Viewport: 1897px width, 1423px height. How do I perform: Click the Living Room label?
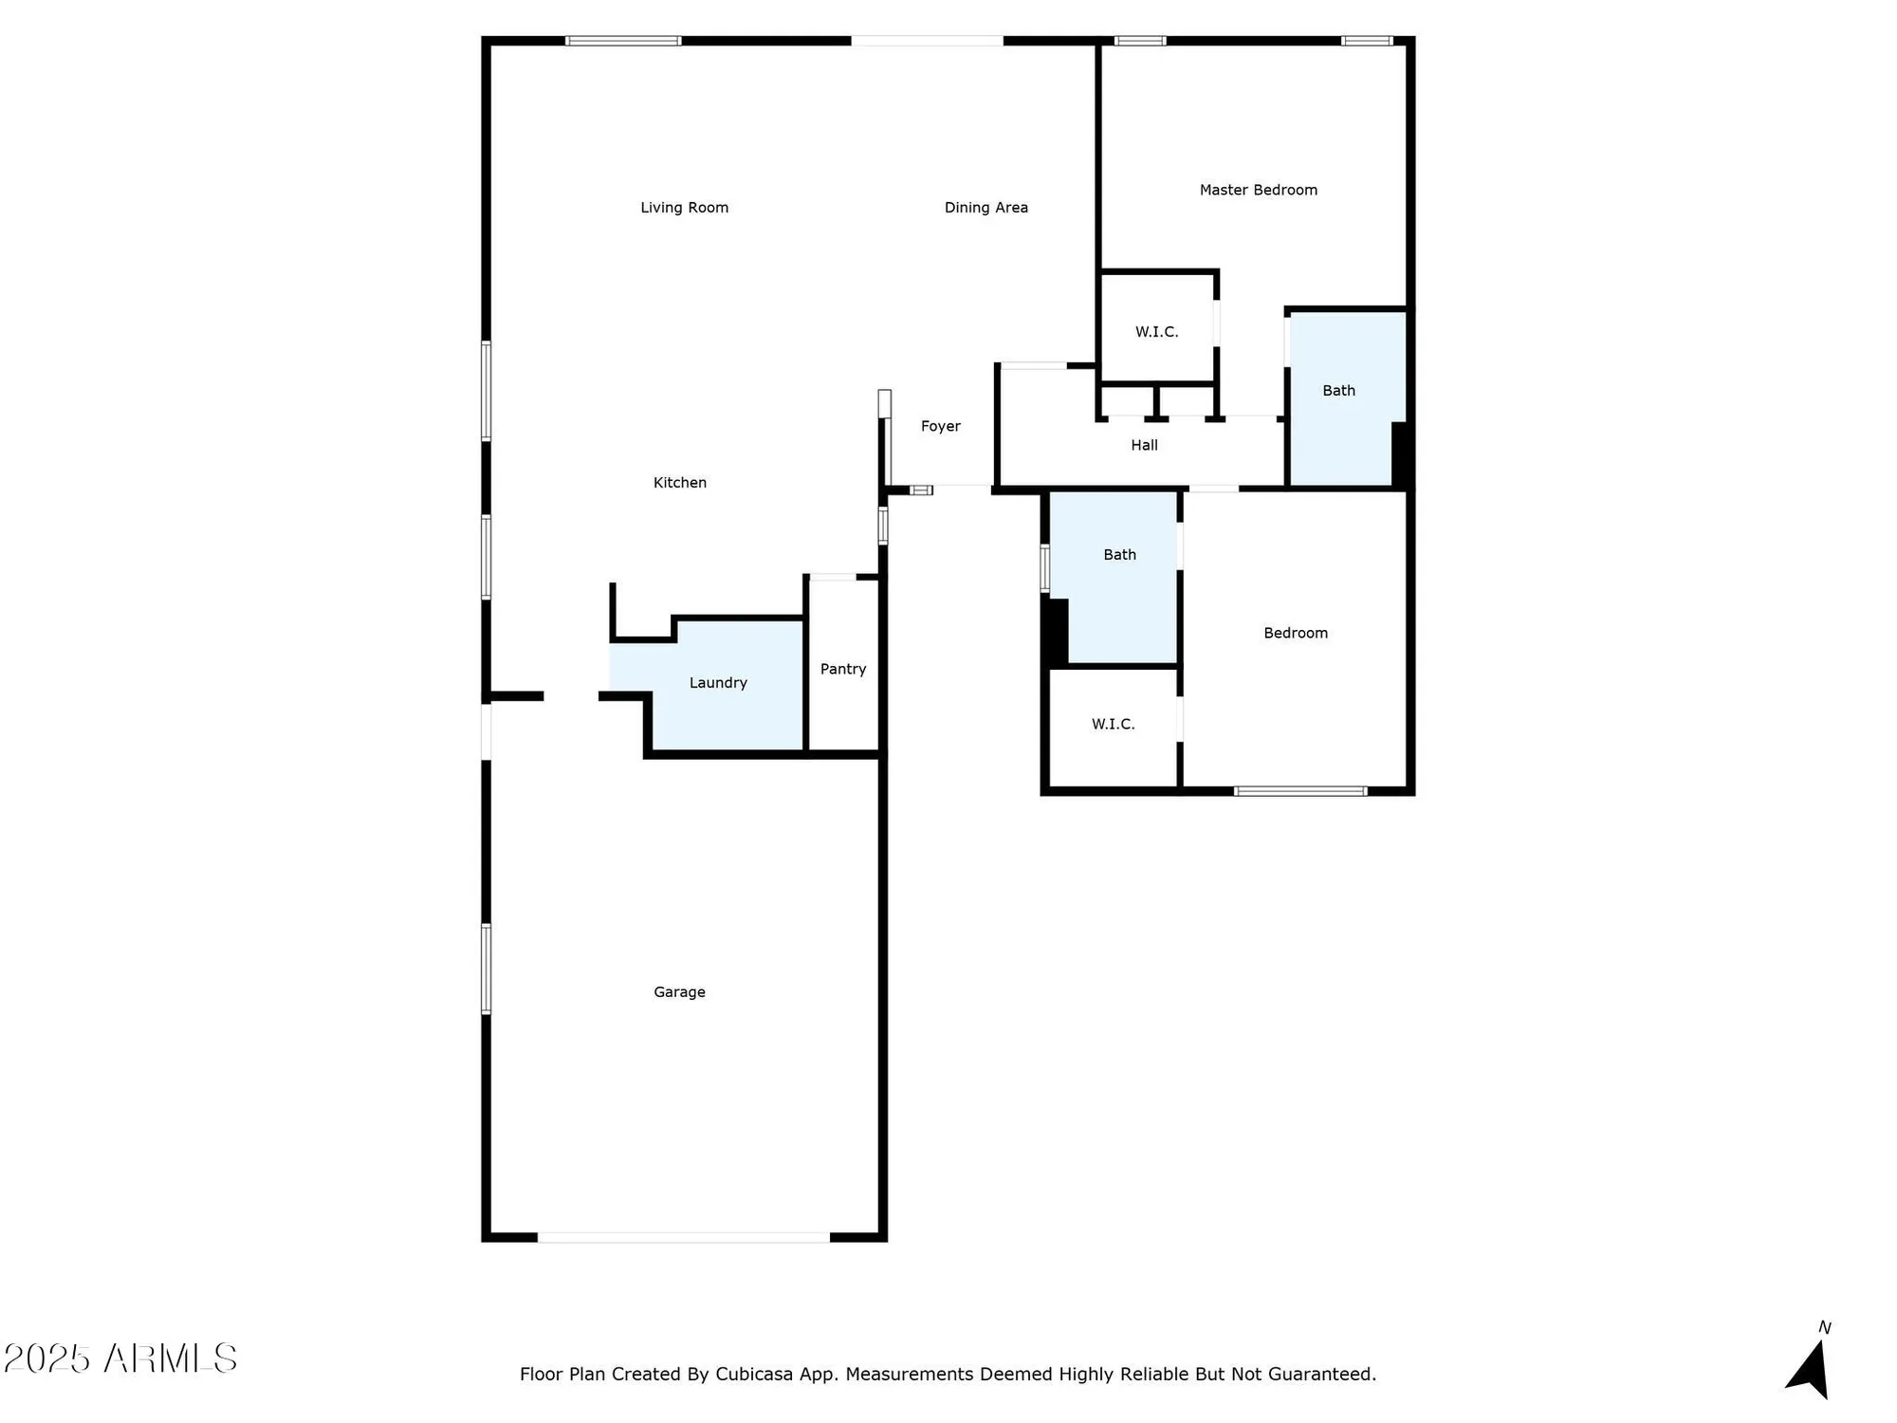tap(684, 208)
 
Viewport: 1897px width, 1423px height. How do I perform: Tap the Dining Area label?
tap(985, 208)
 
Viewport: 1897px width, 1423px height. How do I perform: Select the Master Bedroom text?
tap(1258, 190)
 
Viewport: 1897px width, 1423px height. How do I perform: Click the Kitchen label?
tap(679, 483)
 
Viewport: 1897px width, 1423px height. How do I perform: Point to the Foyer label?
tap(940, 427)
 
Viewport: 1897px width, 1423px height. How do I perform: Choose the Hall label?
tap(1144, 445)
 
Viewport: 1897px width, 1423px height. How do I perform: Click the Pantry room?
tap(842, 669)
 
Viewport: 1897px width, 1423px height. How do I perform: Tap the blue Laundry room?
tap(718, 683)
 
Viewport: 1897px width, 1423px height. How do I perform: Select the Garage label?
tap(679, 992)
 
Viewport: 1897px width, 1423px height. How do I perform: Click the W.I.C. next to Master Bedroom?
tap(1156, 332)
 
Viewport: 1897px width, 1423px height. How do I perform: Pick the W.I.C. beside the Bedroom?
tap(1113, 725)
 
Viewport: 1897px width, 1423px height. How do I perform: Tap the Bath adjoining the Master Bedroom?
tap(1338, 391)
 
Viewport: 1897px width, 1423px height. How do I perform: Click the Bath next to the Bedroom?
tap(1119, 555)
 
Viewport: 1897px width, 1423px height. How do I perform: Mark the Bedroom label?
tap(1295, 634)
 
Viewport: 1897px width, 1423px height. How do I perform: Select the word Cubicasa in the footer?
tap(753, 1375)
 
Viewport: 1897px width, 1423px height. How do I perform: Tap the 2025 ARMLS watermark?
tap(120, 1358)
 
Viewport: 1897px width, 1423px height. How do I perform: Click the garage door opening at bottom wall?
tap(683, 1237)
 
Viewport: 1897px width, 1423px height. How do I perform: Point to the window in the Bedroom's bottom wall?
tap(1299, 791)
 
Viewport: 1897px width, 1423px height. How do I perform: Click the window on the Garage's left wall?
tap(487, 969)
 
